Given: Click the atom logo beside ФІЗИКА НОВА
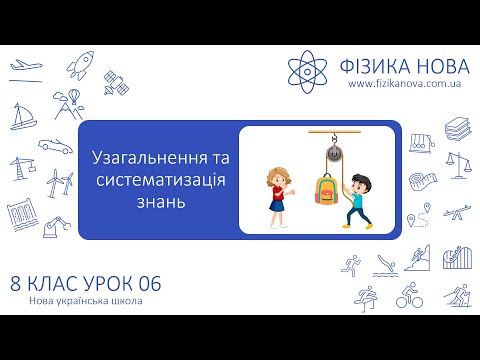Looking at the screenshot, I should click(310, 69).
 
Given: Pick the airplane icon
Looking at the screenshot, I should click(23, 67).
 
